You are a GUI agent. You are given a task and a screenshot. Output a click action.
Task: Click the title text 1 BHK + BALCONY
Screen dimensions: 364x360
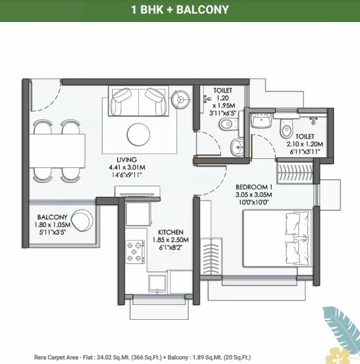coord(180,10)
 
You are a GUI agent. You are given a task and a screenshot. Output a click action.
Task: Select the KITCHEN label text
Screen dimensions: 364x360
coord(171,232)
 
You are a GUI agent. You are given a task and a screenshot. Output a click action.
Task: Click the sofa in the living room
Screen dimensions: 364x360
coord(137,102)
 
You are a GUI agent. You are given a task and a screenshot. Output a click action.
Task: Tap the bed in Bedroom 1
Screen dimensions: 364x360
coord(278,241)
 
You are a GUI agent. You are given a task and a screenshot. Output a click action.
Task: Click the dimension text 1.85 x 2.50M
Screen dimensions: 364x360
coord(171,239)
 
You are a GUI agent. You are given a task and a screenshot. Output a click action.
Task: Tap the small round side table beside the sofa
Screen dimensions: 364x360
coord(181,99)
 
